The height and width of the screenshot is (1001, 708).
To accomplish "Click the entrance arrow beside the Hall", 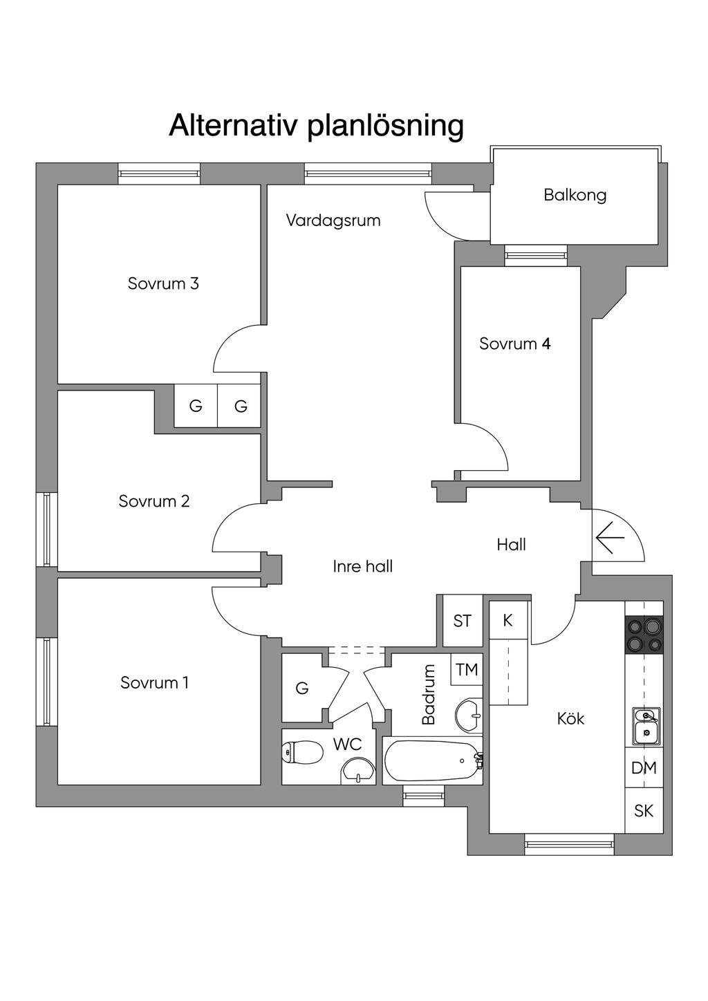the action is pyautogui.click(x=610, y=537).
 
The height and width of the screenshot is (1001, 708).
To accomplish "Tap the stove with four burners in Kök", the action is pyautogui.click(x=644, y=635).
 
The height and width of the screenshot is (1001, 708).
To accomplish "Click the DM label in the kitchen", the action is pyautogui.click(x=644, y=767).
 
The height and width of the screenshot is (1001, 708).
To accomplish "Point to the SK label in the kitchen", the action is pyautogui.click(x=644, y=810).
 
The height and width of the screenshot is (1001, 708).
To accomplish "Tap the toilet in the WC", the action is pyautogui.click(x=303, y=752).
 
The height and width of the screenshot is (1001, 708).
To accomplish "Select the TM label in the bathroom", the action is pyautogui.click(x=467, y=669).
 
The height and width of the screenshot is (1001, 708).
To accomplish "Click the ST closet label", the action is pyautogui.click(x=463, y=621).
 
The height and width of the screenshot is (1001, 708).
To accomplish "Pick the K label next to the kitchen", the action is pyautogui.click(x=507, y=620).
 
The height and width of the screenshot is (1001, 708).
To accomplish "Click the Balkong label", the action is pyautogui.click(x=575, y=195).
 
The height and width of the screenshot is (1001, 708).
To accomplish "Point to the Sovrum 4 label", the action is pyautogui.click(x=514, y=344).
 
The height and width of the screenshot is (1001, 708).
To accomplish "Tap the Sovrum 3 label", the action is pyautogui.click(x=163, y=283).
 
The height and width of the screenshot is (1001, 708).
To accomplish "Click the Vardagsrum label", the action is pyautogui.click(x=333, y=221).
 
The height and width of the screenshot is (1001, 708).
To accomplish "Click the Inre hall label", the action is pyautogui.click(x=362, y=566).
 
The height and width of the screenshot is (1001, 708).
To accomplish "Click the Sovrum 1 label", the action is pyautogui.click(x=154, y=682).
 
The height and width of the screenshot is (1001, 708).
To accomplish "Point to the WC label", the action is pyautogui.click(x=347, y=744).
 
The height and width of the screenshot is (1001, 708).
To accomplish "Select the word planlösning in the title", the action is pyautogui.click(x=385, y=127).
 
